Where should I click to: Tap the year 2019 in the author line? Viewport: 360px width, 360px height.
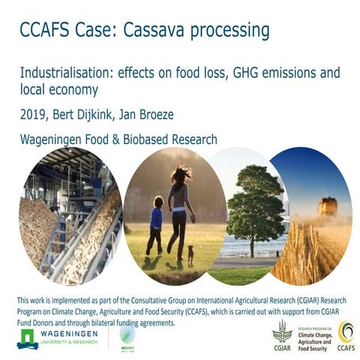[x=34, y=117]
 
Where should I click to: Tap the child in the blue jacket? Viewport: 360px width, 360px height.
[x=156, y=223]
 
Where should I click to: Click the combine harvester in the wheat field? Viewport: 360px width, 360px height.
[x=328, y=205]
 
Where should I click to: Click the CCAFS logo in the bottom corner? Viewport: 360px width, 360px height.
[x=346, y=334]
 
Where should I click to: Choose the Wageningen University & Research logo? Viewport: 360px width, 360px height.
[x=57, y=336]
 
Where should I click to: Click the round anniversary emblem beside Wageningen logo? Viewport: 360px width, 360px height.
[x=127, y=336]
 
